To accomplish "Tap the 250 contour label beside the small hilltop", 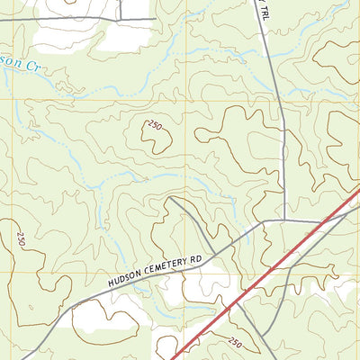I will (154, 125).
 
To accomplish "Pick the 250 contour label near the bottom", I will (234, 343).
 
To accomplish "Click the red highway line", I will (270, 279).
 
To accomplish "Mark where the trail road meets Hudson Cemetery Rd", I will (283, 219).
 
